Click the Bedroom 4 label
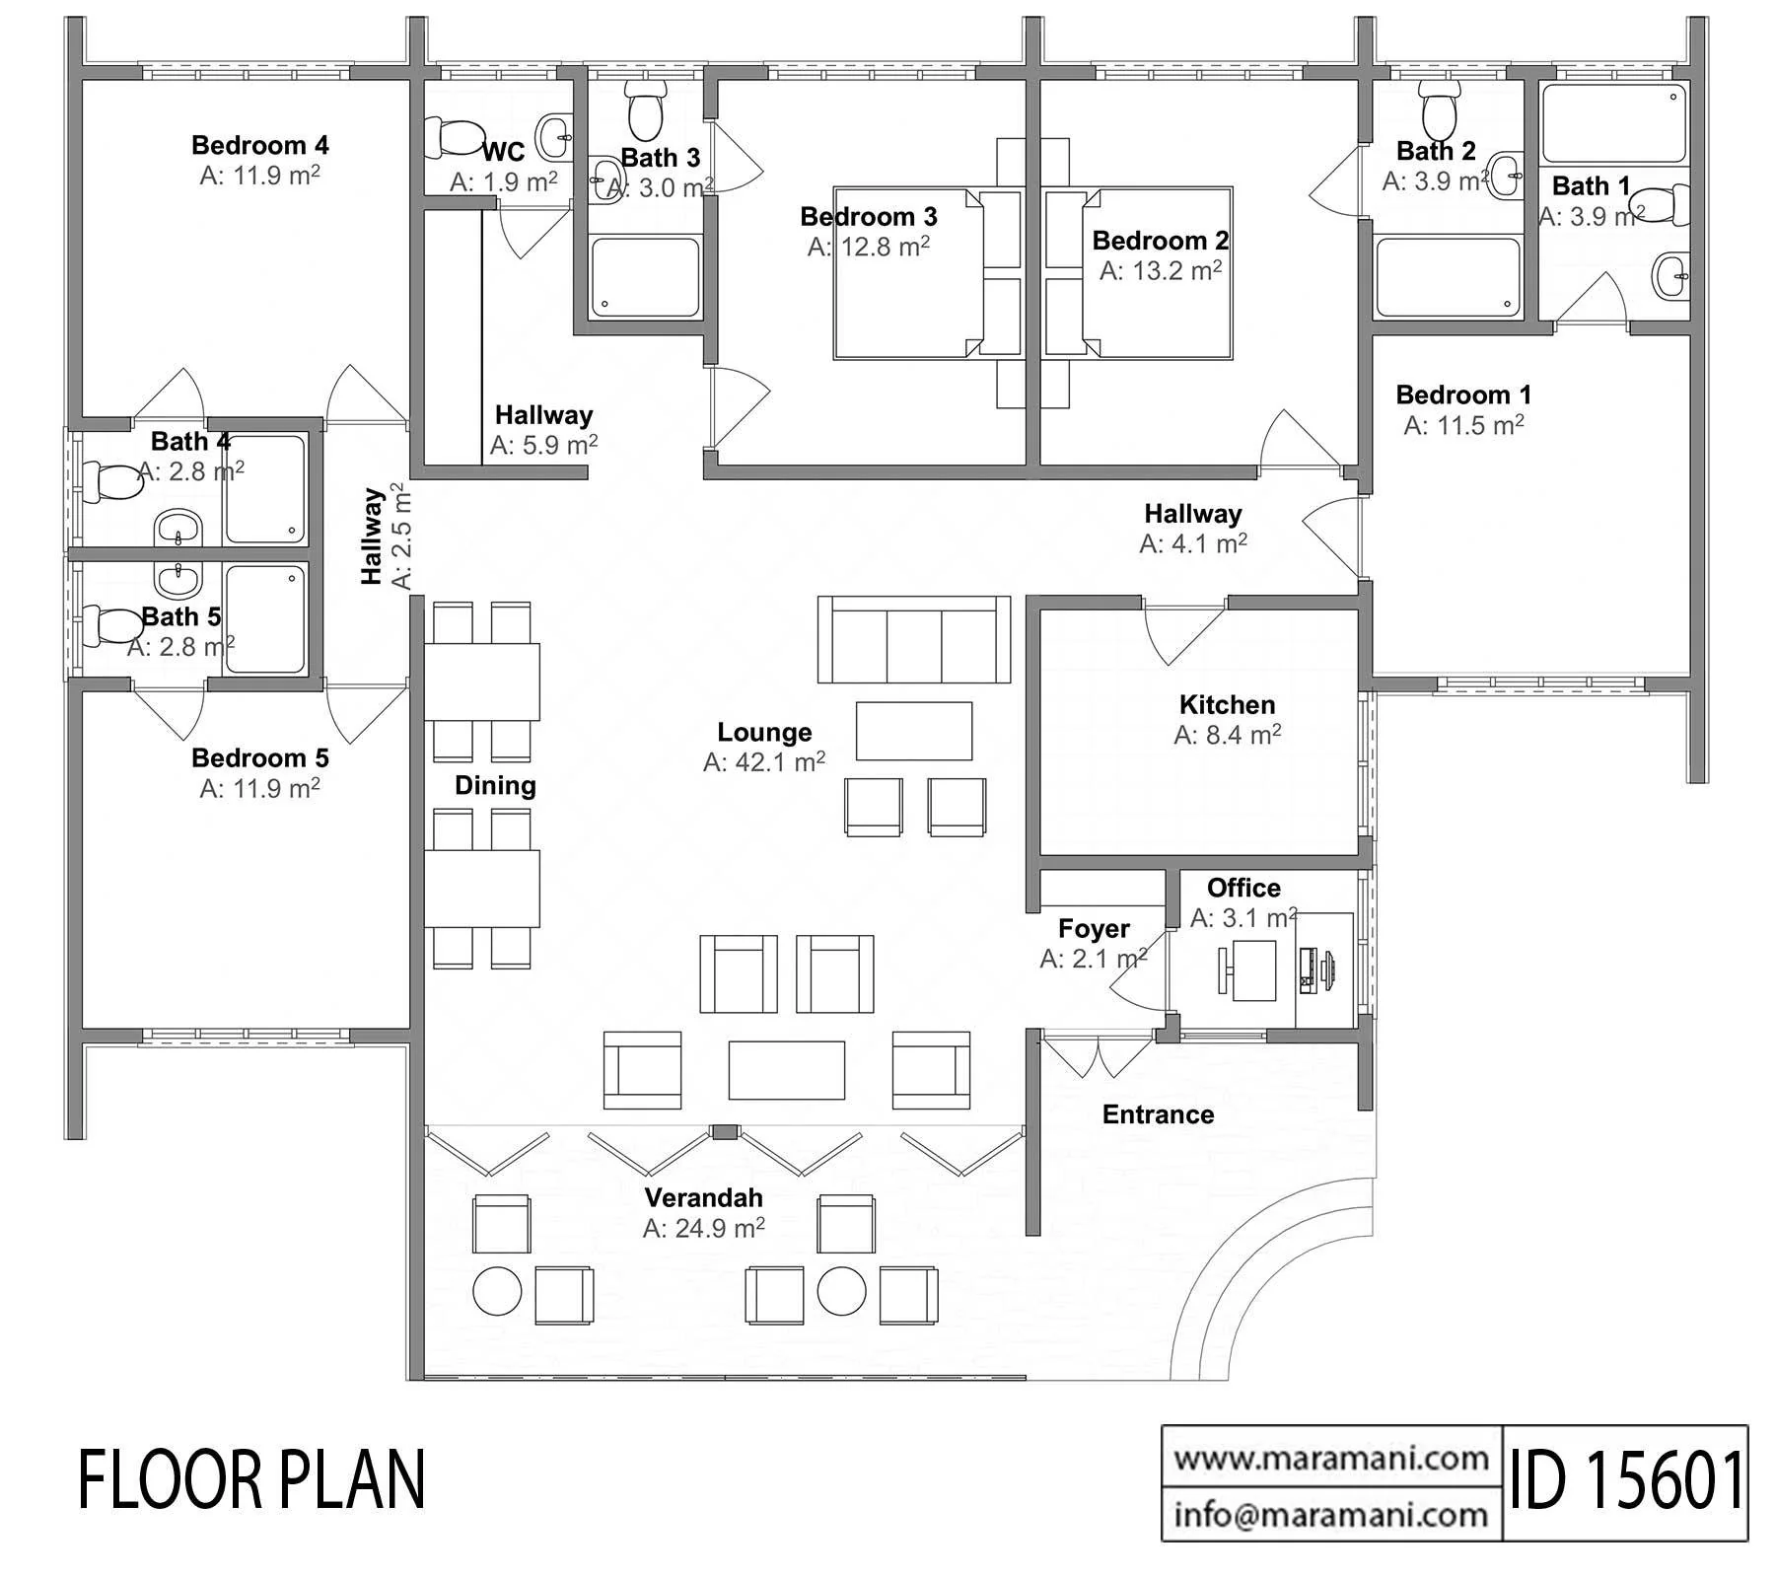tap(260, 145)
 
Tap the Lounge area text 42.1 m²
tap(764, 761)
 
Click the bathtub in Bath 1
tap(1613, 123)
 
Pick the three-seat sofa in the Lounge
tap(914, 639)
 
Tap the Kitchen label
tap(1228, 704)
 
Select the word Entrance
tap(1158, 1114)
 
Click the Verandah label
tap(704, 1197)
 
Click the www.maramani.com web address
tap(1332, 1457)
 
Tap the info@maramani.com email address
tap(1332, 1513)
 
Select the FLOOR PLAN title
tap(252, 1480)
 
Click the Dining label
tap(495, 785)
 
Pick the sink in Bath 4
tap(178, 527)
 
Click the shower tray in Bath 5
tap(265, 618)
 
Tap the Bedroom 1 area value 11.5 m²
tap(1464, 425)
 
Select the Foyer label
tap(1094, 928)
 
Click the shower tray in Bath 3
tap(646, 277)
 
